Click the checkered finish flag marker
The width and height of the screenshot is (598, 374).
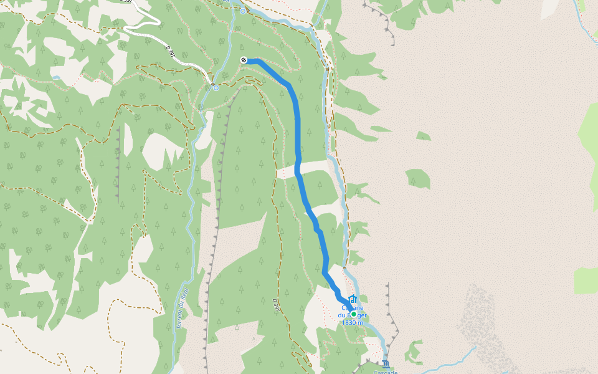(x=244, y=60)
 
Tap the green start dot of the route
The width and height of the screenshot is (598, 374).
(x=353, y=314)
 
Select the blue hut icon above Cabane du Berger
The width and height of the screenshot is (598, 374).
(x=353, y=299)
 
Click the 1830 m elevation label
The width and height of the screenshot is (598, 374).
(x=352, y=323)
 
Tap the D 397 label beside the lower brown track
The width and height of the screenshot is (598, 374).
(x=275, y=305)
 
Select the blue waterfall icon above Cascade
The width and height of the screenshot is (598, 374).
(x=386, y=363)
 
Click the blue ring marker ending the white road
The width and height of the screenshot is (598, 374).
(x=216, y=88)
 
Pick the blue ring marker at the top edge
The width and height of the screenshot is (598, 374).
(x=242, y=11)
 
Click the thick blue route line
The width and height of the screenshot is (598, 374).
(x=297, y=125)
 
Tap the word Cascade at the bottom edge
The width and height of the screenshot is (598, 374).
(x=385, y=372)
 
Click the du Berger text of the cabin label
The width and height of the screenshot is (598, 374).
(x=352, y=315)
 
